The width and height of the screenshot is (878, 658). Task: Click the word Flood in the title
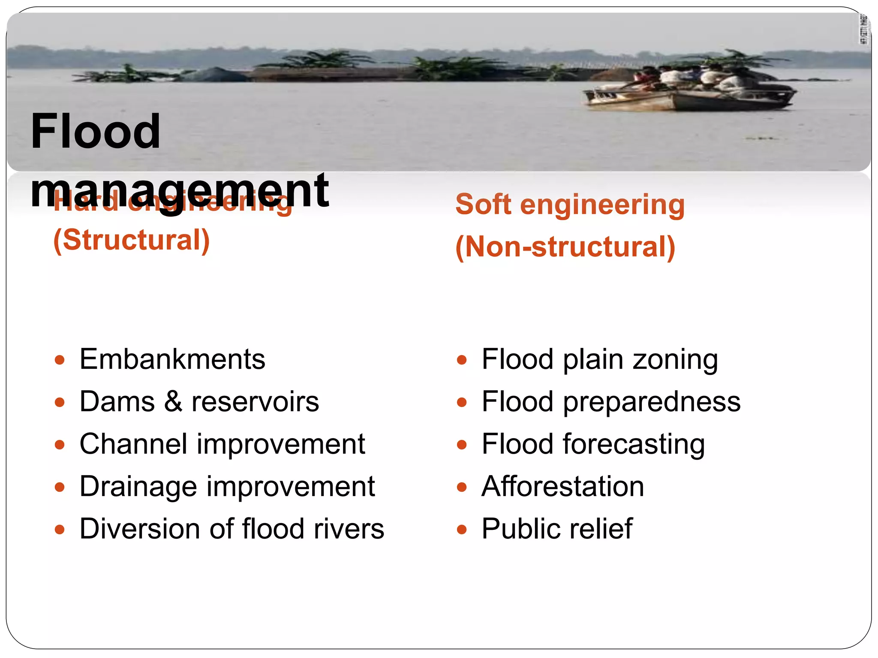click(x=96, y=132)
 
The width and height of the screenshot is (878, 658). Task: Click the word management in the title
click(x=180, y=191)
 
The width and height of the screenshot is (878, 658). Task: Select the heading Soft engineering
click(x=570, y=204)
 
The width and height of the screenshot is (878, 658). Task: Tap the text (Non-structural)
click(x=565, y=247)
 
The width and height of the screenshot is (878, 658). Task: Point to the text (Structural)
click(x=132, y=240)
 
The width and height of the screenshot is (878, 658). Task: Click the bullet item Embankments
click(x=172, y=359)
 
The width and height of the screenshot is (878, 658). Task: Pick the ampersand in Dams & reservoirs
click(x=173, y=402)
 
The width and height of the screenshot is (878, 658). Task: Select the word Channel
click(x=133, y=444)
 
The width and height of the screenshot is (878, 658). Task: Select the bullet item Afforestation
click(x=562, y=487)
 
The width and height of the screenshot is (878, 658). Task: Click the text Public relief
click(x=556, y=529)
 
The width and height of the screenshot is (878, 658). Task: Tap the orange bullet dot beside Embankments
click(x=60, y=360)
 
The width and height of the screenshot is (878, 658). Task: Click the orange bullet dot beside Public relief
click(x=462, y=530)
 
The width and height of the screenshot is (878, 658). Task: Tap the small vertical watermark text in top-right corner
click(x=864, y=29)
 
